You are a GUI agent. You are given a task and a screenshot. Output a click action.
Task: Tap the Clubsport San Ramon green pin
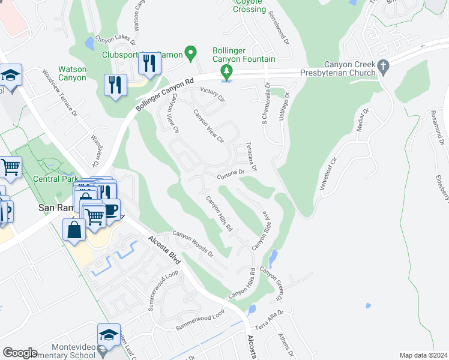pyautogui.click(x=191, y=53)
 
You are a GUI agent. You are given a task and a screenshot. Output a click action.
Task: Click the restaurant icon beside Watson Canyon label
pyautogui.click(x=115, y=85)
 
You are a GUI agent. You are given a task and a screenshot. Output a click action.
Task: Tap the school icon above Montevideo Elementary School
pyautogui.click(x=109, y=335)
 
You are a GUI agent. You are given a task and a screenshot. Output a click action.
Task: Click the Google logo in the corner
pyautogui.click(x=20, y=352)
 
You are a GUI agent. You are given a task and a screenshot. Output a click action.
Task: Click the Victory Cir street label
pyautogui.click(x=212, y=94)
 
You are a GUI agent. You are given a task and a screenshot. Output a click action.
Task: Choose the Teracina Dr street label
pyautogui.click(x=253, y=156)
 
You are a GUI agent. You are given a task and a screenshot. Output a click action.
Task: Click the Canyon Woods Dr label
pyautogui.click(x=193, y=244)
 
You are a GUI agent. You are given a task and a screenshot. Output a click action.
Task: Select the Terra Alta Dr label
pyautogui.click(x=269, y=320)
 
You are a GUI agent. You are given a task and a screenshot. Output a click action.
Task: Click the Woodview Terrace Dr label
pyautogui.click(x=60, y=93)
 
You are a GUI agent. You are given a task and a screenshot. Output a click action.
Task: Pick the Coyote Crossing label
pyautogui.click(x=249, y=7)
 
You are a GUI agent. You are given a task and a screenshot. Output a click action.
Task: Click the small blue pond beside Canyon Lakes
pyautogui.click(x=89, y=43)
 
